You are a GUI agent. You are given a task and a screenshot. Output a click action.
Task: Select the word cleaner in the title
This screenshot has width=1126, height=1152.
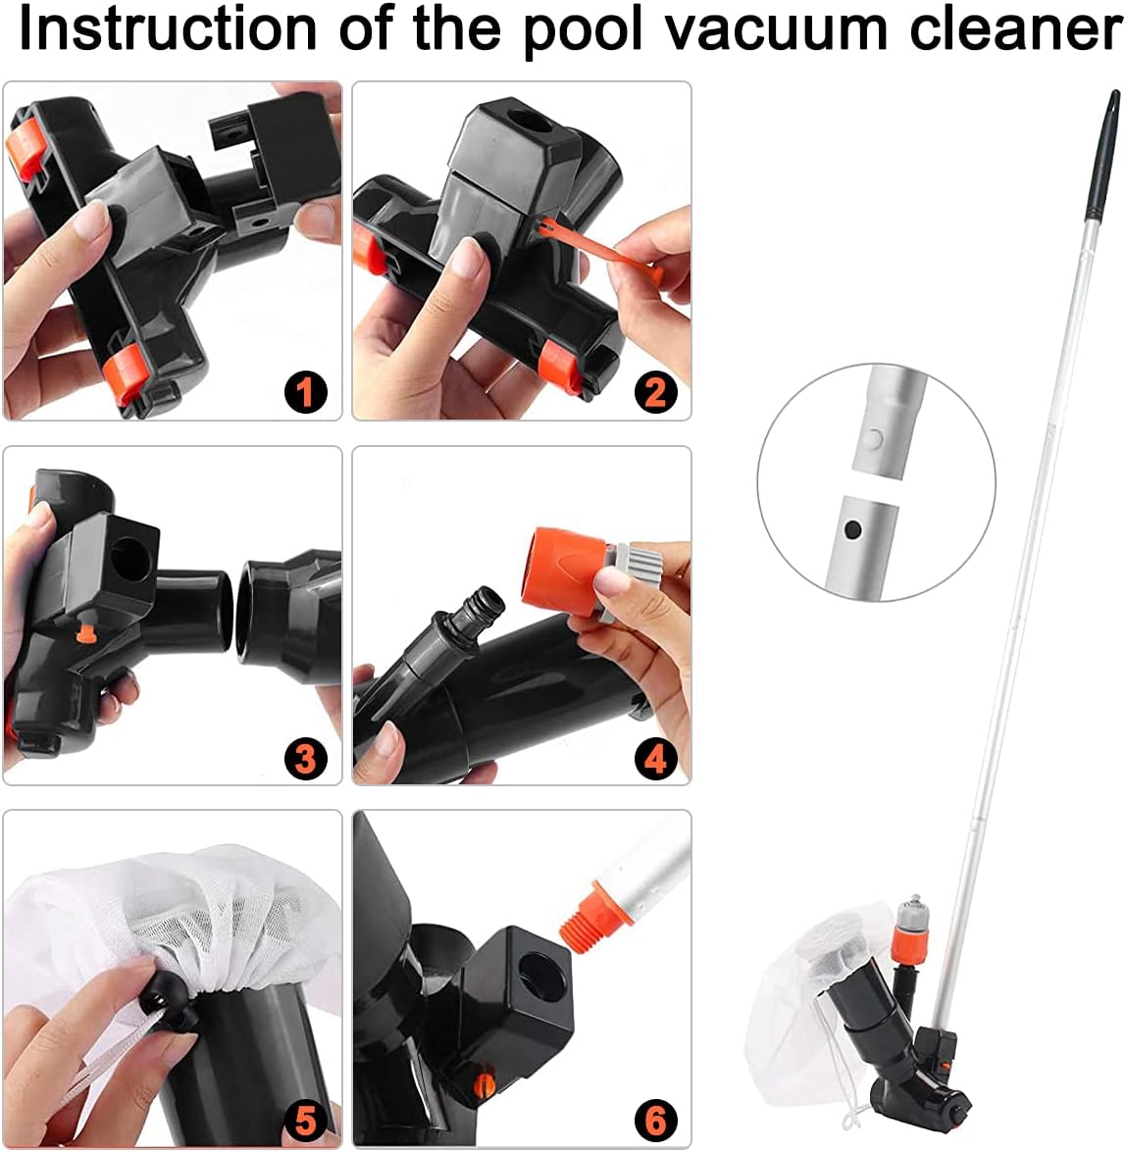click(1016, 29)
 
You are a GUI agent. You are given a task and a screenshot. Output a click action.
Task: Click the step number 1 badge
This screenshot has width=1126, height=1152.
click(305, 391)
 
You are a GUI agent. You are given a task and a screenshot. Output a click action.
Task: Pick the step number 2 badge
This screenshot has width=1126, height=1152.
click(655, 391)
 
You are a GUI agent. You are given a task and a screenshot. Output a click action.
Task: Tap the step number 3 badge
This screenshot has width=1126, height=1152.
click(305, 758)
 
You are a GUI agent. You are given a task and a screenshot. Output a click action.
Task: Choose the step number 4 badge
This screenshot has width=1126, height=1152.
click(655, 758)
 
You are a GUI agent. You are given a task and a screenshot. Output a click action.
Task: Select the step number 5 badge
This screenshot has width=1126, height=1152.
click(305, 1122)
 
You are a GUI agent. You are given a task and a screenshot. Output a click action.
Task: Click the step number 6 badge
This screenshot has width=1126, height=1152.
click(655, 1122)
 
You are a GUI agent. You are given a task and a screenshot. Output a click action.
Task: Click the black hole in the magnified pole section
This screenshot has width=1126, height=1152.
click(852, 529)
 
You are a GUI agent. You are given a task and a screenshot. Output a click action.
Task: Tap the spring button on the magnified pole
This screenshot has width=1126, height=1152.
click(872, 440)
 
